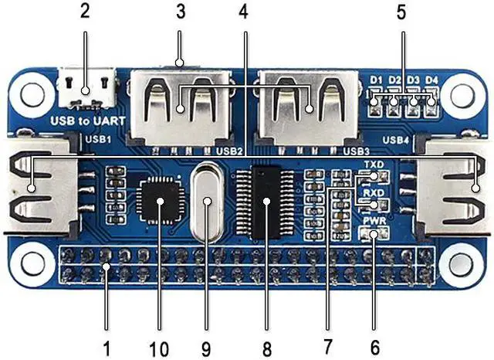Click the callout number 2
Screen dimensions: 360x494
tap(84, 12)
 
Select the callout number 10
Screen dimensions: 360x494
tap(160, 349)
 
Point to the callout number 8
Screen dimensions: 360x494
tap(266, 349)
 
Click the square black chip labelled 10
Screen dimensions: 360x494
tap(160, 202)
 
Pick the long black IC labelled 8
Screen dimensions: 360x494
tap(266, 202)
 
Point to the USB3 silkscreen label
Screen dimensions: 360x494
tap(357, 151)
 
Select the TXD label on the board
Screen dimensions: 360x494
tap(374, 165)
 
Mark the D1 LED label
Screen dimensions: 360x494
tap(377, 80)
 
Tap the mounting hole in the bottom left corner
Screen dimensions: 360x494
tap(32, 260)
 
